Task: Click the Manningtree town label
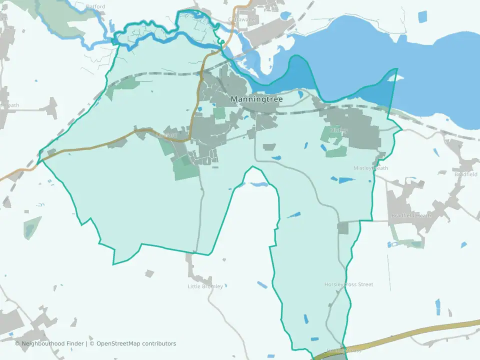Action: coord(256,99)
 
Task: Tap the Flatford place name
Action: coord(95,6)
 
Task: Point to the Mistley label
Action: coord(338,130)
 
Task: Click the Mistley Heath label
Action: coord(370,168)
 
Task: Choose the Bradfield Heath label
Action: coord(411,215)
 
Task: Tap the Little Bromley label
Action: coord(208,286)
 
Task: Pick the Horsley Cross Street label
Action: coord(348,284)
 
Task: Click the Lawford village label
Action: coord(166,135)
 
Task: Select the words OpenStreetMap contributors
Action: coord(136,343)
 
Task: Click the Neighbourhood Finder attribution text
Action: coord(52,343)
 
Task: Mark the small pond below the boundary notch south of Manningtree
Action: coord(258,184)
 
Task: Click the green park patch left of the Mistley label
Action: coord(328,134)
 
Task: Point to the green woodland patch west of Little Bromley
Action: coord(29,227)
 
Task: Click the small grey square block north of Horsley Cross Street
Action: coord(342,228)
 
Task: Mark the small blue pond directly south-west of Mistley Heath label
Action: coord(345,180)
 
